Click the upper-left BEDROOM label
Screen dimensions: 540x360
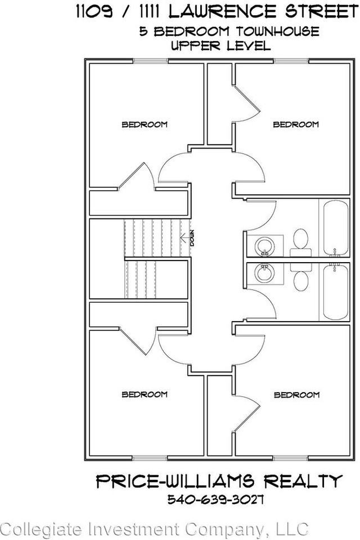(x=145, y=124)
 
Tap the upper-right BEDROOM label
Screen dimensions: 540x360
(x=296, y=124)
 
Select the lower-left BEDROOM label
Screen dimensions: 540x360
(x=145, y=394)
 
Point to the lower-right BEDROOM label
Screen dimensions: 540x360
(x=296, y=395)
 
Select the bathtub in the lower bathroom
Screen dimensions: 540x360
(x=336, y=291)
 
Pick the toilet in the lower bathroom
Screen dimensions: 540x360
(x=300, y=275)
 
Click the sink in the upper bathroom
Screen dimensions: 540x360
(x=263, y=246)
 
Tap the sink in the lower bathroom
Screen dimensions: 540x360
(x=263, y=273)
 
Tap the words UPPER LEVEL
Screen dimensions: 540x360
(x=220, y=46)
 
